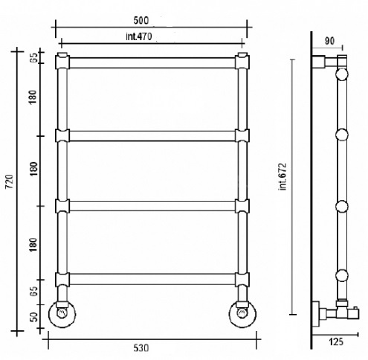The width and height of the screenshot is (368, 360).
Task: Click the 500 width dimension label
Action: click(141, 20)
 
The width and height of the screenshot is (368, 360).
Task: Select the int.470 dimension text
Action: click(139, 36)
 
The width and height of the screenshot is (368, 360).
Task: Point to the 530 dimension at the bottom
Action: click(141, 348)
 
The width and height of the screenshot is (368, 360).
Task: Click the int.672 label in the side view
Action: click(283, 176)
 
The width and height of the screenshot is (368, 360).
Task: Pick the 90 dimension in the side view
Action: click(329, 41)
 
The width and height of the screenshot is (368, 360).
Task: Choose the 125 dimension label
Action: click(336, 342)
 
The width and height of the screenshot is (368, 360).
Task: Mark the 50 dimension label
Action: click(34, 317)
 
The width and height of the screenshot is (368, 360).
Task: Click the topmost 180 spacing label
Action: click(33, 97)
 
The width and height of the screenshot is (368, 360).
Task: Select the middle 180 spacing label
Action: click(33, 169)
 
